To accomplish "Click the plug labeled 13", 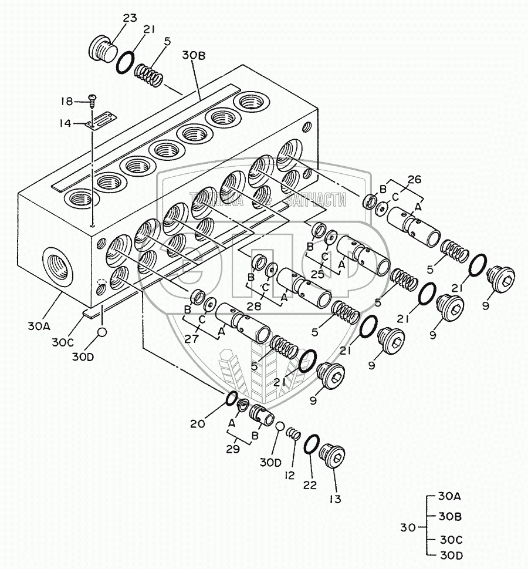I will tap(333, 456).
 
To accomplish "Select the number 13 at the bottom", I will tap(334, 500).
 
